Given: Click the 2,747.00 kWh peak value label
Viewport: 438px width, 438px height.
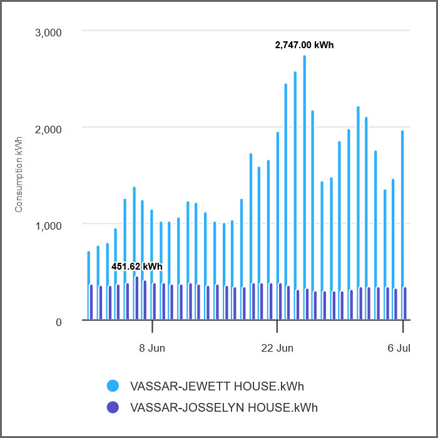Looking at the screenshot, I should click(304, 45).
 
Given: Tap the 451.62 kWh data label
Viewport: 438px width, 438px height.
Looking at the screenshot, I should click(137, 266).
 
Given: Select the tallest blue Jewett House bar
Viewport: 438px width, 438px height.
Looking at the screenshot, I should click(304, 188).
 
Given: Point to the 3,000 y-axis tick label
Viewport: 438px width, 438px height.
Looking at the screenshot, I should click(47, 33).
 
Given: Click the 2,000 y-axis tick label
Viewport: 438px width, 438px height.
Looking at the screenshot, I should click(47, 129).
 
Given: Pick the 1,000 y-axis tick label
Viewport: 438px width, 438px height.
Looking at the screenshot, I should click(47, 225).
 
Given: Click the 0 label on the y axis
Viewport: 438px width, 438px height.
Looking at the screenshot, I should click(59, 322).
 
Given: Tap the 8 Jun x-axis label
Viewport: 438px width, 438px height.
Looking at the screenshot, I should click(152, 348).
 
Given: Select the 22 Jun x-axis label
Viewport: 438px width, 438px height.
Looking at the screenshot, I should click(277, 348).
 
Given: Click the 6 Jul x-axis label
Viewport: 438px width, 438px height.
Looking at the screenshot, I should click(398, 348).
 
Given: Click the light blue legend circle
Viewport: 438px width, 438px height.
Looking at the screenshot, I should click(113, 385).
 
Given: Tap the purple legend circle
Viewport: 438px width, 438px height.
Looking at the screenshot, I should click(113, 407).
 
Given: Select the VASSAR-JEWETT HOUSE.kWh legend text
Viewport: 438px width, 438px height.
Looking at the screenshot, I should click(216, 385).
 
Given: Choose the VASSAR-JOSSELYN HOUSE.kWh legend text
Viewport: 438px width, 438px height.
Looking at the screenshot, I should click(223, 407).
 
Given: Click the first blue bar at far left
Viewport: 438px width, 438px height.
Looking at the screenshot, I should click(89, 285).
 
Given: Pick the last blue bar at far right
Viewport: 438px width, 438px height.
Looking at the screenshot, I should click(402, 225).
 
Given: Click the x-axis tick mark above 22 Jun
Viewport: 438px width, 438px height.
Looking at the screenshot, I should click(277, 326).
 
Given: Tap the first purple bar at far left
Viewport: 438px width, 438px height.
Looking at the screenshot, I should click(91, 303).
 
